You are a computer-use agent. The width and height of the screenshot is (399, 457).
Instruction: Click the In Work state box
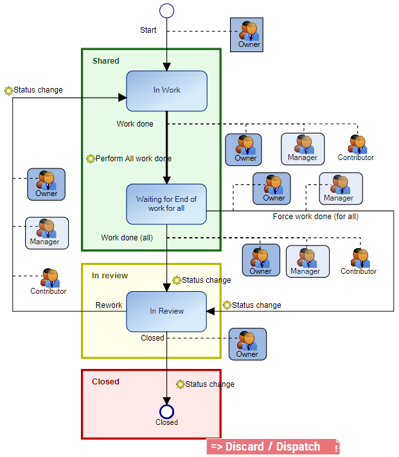166,91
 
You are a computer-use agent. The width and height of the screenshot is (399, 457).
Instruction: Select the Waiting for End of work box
166,204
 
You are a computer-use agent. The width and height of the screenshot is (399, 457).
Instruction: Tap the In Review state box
166,311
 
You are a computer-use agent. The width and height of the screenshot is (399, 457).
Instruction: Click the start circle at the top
166,10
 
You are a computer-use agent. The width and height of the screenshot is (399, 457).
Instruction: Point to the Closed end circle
166,411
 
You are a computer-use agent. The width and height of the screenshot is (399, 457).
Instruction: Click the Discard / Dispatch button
272,447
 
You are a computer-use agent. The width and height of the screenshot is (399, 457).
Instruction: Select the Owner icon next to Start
247,33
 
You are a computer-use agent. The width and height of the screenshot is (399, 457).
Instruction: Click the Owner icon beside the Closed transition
247,344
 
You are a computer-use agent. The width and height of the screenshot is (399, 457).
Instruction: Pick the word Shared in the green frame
106,61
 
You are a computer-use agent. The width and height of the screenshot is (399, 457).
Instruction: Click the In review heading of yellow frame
110,276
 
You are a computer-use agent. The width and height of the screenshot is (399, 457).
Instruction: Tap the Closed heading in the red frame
105,382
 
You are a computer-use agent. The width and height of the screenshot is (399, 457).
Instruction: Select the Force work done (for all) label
315,217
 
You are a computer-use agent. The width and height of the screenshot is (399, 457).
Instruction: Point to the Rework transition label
109,305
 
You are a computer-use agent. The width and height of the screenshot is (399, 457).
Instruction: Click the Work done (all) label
127,238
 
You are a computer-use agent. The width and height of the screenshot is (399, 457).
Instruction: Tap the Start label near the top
148,30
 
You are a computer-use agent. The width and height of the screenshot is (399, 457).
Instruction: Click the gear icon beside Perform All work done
91,159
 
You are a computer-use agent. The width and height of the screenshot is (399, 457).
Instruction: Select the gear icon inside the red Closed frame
181,384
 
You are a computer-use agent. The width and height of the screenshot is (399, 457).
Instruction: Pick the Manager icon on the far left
46,232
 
